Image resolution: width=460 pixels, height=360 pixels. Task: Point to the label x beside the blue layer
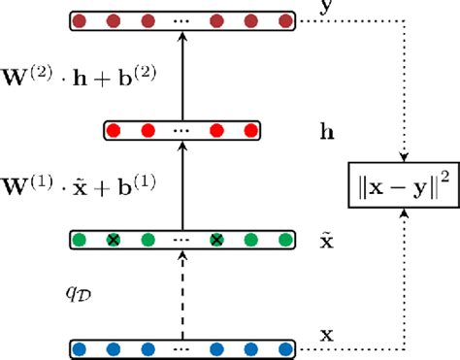pos(326,336)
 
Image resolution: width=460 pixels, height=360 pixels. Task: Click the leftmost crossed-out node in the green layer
pos(114,239)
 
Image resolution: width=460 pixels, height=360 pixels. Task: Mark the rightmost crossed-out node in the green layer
pos(217,239)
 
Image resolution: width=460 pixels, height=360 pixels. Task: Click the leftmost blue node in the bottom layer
pos(81,346)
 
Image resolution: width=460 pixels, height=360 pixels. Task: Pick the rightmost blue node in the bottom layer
pos(283,346)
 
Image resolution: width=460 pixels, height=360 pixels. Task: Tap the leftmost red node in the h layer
pos(114,129)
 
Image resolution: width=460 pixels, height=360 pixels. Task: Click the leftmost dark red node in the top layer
pos(81,19)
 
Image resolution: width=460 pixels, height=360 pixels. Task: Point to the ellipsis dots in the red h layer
pos(181,130)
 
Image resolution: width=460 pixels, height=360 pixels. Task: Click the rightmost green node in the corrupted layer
pos(283,239)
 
